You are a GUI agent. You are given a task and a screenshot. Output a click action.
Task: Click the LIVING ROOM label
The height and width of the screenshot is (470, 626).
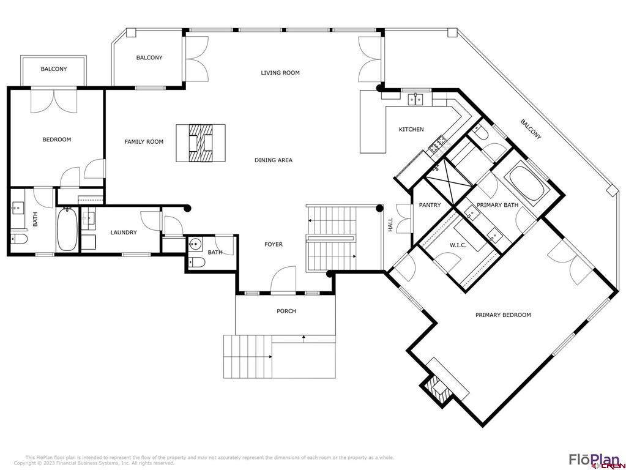pos(280,73)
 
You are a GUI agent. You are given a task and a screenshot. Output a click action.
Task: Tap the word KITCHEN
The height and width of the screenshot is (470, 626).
pos(411,129)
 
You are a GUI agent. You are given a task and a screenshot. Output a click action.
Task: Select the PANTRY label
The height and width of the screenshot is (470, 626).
pos(430,205)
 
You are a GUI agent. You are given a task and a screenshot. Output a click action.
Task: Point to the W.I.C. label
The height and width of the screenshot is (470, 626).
pos(458,245)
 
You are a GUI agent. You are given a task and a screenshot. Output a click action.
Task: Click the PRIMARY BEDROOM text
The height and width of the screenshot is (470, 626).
pos(503,315)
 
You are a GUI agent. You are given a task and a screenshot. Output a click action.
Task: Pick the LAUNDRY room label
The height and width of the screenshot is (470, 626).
pos(124,233)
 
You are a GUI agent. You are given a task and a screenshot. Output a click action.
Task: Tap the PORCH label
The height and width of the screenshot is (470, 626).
pos(286,311)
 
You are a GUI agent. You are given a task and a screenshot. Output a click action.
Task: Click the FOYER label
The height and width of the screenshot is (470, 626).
pos(274,244)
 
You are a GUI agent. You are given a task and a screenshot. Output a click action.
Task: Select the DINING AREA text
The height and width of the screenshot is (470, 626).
pos(274,160)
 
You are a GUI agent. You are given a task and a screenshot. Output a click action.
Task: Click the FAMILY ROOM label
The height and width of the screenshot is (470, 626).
pos(144,141)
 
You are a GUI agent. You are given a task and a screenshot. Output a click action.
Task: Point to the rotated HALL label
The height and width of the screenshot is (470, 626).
pos(390,225)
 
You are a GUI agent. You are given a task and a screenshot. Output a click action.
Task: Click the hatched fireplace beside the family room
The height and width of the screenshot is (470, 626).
pos(201,143)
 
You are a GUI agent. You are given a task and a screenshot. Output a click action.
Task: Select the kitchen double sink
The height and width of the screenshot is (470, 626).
pos(415,99)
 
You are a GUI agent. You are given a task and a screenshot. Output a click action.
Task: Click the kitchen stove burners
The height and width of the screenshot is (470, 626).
pos(439,144)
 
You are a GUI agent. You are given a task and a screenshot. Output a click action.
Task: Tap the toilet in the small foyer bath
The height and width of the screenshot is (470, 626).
pos(197,262)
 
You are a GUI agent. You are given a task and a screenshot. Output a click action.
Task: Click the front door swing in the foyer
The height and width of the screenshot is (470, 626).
pos(283,280)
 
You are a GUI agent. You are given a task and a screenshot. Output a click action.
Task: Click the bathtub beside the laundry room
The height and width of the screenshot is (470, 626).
pos(67,229)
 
